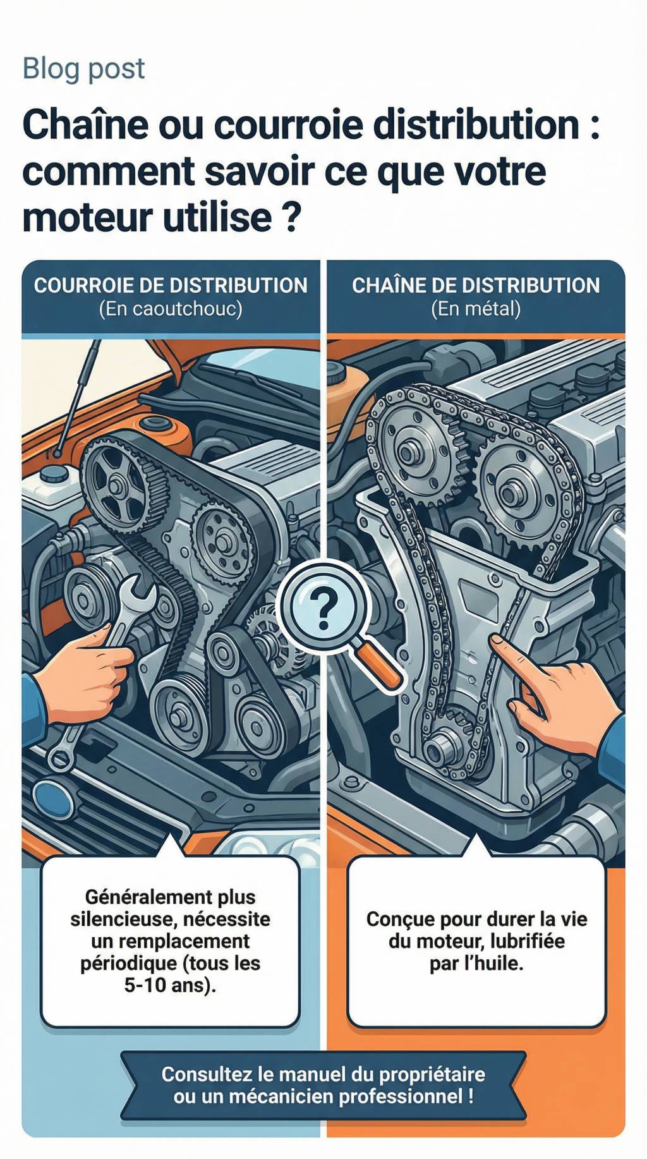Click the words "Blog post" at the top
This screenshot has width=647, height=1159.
pyautogui.click(x=83, y=68)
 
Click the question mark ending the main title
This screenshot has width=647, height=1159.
pyautogui.click(x=287, y=217)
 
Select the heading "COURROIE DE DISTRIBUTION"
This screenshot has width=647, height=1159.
pyautogui.click(x=171, y=286)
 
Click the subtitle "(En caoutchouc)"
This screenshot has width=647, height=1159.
pyautogui.click(x=171, y=309)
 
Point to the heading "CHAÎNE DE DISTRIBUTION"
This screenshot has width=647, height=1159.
pyautogui.click(x=476, y=286)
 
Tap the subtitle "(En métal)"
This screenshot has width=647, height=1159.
pyautogui.click(x=476, y=309)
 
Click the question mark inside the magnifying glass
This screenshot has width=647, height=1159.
pyautogui.click(x=324, y=607)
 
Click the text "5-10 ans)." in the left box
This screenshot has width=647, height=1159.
pyautogui.click(x=170, y=985)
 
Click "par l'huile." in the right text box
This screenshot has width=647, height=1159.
pyautogui.click(x=476, y=963)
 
